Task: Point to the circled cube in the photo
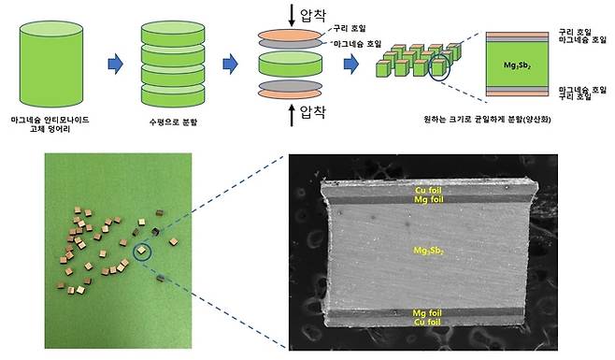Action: pyautogui.click(x=141, y=250)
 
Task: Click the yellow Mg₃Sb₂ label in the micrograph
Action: pyautogui.click(x=427, y=252)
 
